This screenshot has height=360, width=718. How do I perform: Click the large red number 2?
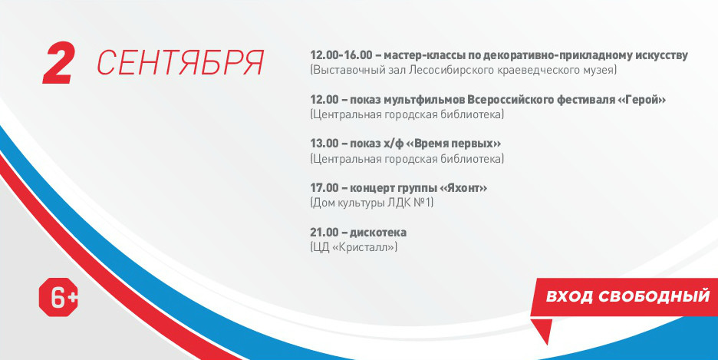(58, 63)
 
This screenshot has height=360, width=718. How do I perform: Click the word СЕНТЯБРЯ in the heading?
(180, 63)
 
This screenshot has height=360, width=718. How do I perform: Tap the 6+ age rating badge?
(58, 297)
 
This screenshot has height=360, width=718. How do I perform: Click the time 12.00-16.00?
(341, 55)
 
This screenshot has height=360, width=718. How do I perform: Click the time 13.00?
(324, 144)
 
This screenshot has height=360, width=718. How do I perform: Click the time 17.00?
(324, 188)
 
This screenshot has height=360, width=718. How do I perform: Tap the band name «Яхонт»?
(463, 188)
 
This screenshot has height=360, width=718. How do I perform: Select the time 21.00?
(324, 233)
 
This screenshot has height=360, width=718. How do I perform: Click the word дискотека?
(378, 233)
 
